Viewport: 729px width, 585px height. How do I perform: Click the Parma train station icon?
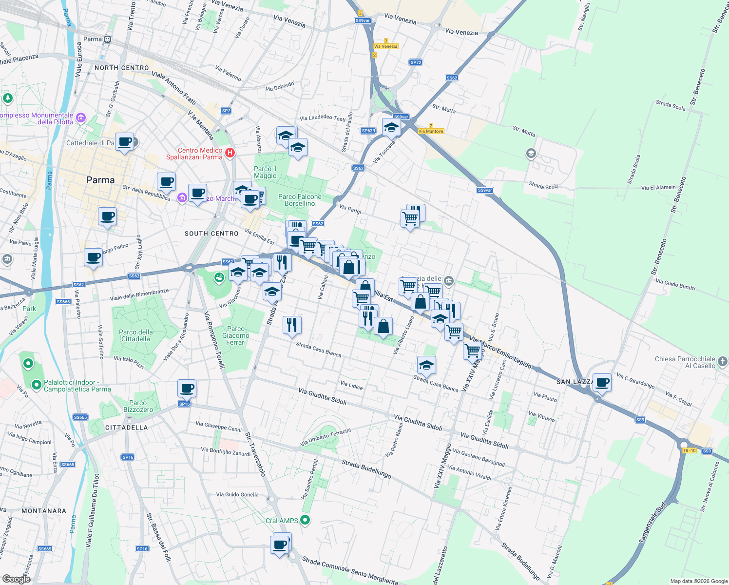pyautogui.click(x=107, y=39)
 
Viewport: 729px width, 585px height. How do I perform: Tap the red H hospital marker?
pyautogui.click(x=230, y=153)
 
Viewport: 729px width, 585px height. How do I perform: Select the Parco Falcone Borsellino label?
pyautogui.click(x=300, y=200)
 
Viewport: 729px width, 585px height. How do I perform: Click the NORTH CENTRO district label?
pyautogui.click(x=121, y=68)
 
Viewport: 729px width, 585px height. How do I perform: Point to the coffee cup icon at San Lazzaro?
pyautogui.click(x=602, y=382)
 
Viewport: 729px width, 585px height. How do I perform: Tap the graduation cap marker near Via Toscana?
pyautogui.click(x=391, y=128)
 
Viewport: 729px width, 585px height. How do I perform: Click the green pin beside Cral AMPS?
pyautogui.click(x=305, y=520)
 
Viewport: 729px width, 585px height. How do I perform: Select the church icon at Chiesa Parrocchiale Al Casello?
pyautogui.click(x=723, y=362)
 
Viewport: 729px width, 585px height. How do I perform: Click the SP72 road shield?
pyautogui.click(x=416, y=62)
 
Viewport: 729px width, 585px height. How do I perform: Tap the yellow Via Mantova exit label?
pyautogui.click(x=431, y=131)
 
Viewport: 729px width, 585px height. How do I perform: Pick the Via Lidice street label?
pyautogui.click(x=351, y=386)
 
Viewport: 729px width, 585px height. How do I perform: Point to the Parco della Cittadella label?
pyautogui.click(x=136, y=335)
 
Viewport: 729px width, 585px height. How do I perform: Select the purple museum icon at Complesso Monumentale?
pyautogui.click(x=81, y=118)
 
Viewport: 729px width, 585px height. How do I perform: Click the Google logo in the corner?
pyautogui.click(x=16, y=579)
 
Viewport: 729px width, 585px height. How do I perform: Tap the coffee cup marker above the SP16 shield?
pyautogui.click(x=187, y=389)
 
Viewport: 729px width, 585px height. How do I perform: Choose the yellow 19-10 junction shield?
pyautogui.click(x=689, y=450)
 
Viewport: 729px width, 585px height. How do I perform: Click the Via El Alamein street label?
pyautogui.click(x=658, y=187)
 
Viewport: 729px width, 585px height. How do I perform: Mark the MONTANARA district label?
pyautogui.click(x=44, y=511)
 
